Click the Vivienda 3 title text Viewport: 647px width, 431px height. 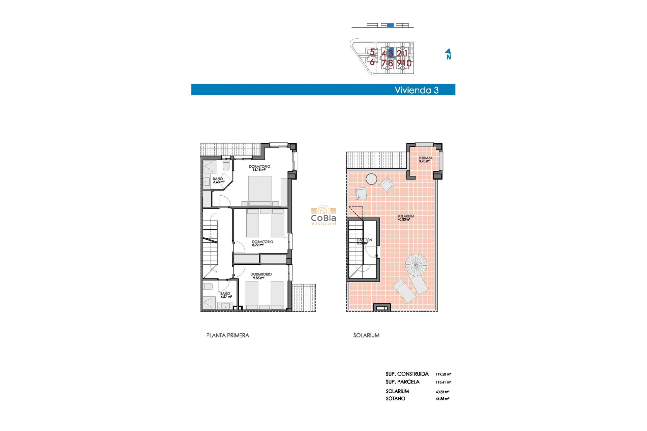[x=417, y=90]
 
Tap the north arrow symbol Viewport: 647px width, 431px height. [x=448, y=54]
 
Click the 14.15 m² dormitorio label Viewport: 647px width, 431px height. [x=259, y=168]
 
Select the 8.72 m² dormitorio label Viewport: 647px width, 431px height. [x=262, y=243]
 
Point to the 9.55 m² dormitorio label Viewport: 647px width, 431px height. [x=261, y=276]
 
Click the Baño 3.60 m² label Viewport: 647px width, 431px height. [x=218, y=180]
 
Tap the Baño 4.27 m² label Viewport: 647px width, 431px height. [x=225, y=295]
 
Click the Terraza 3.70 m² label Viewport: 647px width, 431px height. [x=425, y=159]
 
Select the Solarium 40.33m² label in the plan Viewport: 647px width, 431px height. [x=405, y=218]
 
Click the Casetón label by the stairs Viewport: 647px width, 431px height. [x=364, y=241]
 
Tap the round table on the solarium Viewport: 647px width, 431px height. [x=371, y=179]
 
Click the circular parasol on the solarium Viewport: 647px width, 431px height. [x=416, y=265]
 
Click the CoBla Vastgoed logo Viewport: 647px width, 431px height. [x=323, y=216]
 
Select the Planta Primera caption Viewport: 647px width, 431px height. [x=227, y=335]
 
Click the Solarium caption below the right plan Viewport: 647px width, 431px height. [x=366, y=335]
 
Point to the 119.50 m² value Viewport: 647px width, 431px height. [x=443, y=374]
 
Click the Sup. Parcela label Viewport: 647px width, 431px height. [x=402, y=382]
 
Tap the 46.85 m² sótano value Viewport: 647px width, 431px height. [x=442, y=399]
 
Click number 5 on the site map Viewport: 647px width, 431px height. [x=372, y=52]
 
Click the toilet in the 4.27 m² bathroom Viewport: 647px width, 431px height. [x=208, y=287]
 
